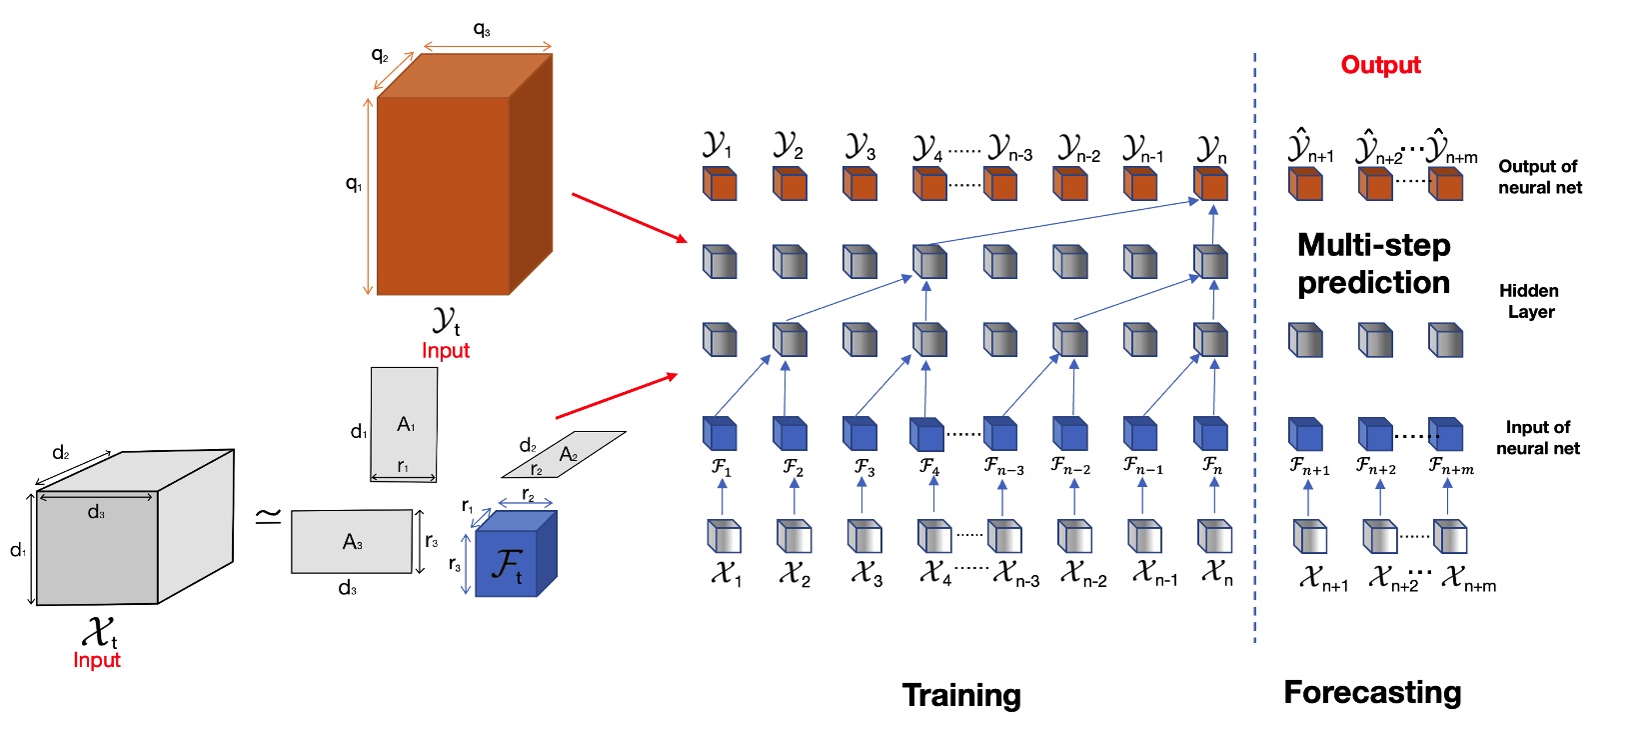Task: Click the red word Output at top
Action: pyautogui.click(x=1380, y=65)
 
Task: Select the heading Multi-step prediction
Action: pyautogui.click(x=1373, y=264)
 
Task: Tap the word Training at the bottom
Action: pyautogui.click(x=961, y=695)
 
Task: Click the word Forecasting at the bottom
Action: pyautogui.click(x=1372, y=692)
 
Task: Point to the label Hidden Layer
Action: pyautogui.click(x=1529, y=301)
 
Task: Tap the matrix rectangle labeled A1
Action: pyautogui.click(x=404, y=424)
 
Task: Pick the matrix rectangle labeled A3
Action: pyautogui.click(x=352, y=541)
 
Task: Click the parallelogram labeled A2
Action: pyautogui.click(x=564, y=455)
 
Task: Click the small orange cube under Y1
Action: pyautogui.click(x=720, y=185)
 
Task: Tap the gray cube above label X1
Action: pyautogui.click(x=724, y=537)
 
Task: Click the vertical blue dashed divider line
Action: pyautogui.click(x=1255, y=350)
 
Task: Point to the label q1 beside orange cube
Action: pyautogui.click(x=354, y=184)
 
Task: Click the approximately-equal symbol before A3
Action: pyautogui.click(x=267, y=516)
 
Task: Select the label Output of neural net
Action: pyautogui.click(x=1539, y=177)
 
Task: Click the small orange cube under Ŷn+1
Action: pyautogui.click(x=1305, y=185)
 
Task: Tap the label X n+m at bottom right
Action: pyautogui.click(x=1467, y=579)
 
